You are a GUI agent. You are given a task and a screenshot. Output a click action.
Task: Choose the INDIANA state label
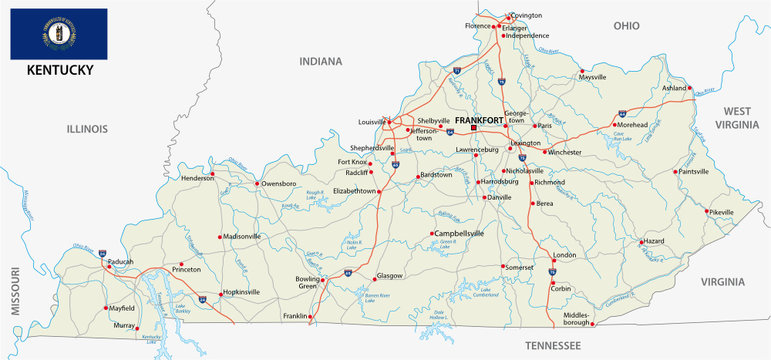coord(320,62)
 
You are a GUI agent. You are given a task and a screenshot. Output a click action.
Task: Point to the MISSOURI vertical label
coord(15,291)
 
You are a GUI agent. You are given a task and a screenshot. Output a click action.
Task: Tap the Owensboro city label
coord(279,184)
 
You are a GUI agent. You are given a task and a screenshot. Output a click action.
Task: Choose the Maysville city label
coord(593,77)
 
